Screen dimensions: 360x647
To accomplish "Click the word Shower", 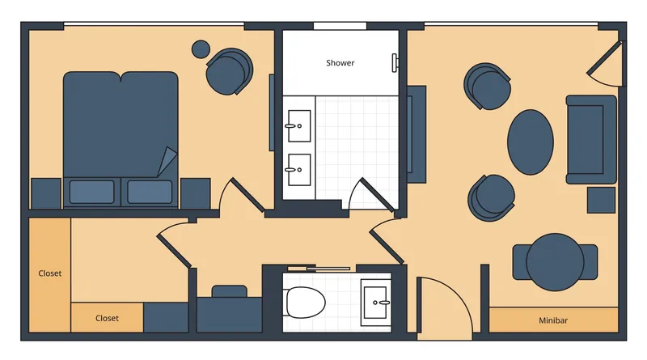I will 340,63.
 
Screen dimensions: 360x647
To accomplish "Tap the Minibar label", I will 553,320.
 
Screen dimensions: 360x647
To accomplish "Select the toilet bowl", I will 306,300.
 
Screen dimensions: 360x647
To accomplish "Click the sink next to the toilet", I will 376,302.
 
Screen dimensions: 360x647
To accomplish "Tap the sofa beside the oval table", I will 591,138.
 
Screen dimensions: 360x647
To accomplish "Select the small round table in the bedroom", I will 201,49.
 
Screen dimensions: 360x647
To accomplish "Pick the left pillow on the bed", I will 91,192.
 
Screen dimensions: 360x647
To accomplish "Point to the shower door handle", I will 396,62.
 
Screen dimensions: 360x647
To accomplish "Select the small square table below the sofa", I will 601,199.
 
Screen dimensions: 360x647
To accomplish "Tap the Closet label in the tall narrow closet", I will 50,273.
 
